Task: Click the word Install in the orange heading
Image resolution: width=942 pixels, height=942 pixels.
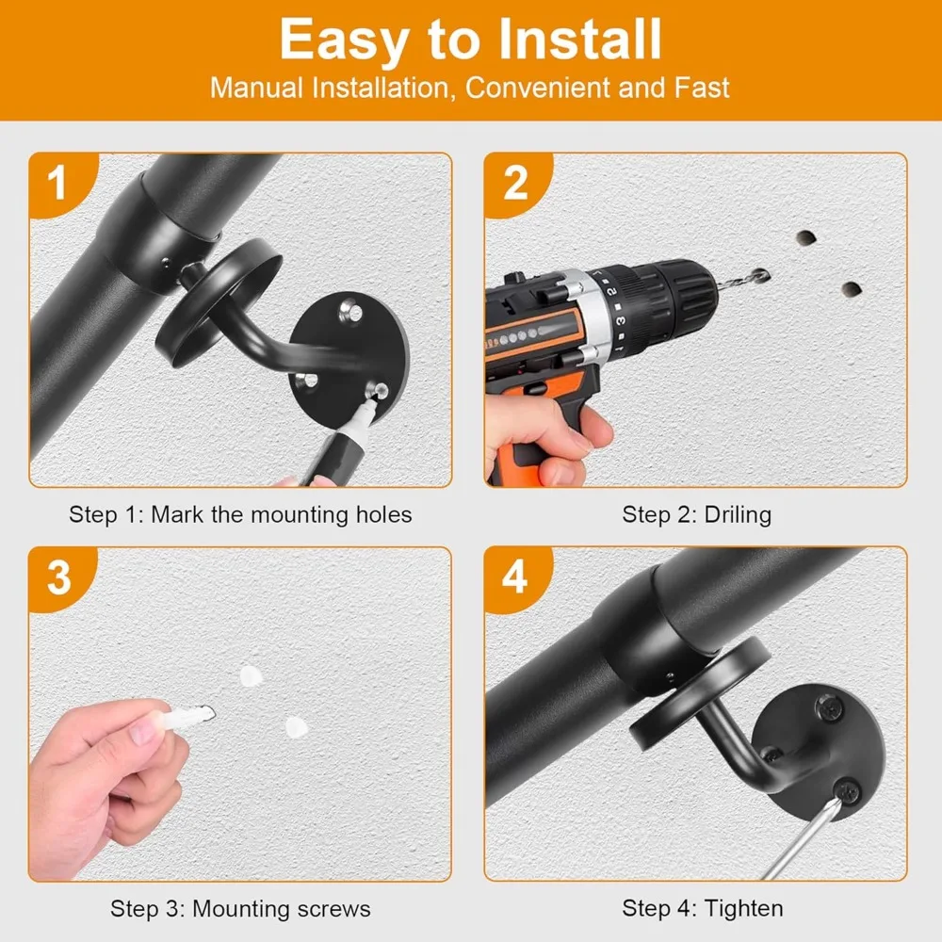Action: pyautogui.click(x=579, y=39)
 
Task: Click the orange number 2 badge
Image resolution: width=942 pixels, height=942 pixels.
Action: pyautogui.click(x=516, y=184)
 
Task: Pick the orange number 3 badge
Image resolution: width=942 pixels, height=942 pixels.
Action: pyautogui.click(x=60, y=578)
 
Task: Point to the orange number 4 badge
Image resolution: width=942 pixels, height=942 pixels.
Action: pyautogui.click(x=516, y=578)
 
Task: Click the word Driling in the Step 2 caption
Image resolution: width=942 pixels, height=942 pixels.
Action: pyautogui.click(x=738, y=515)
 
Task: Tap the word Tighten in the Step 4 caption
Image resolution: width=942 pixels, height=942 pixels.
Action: pyautogui.click(x=743, y=908)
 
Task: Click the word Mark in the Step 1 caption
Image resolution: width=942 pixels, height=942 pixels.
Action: pyautogui.click(x=177, y=515)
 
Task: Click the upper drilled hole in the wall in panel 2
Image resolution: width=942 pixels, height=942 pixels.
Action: pyautogui.click(x=805, y=237)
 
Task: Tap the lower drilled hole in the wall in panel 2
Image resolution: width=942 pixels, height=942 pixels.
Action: pyautogui.click(x=852, y=289)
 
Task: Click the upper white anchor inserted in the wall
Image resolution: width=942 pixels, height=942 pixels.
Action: pyautogui.click(x=252, y=676)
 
